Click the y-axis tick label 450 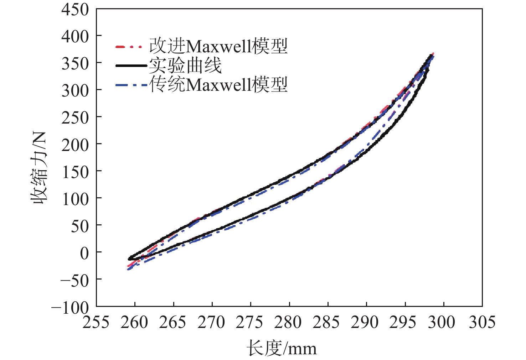pyautogui.click(x=75, y=9)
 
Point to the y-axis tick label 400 pyautogui.click(x=75, y=36)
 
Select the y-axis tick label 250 pyautogui.click(x=75, y=118)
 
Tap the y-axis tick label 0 pyautogui.click(x=84, y=253)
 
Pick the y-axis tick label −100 pyautogui.click(x=70, y=307)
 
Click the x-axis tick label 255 pyautogui.click(x=96, y=322)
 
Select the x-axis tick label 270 pyautogui.click(x=211, y=322)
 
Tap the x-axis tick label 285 pyautogui.click(x=327, y=322)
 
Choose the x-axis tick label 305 pyautogui.click(x=481, y=322)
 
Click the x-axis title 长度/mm pyautogui.click(x=282, y=348)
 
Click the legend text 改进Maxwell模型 pyautogui.click(x=218, y=46)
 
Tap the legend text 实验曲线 pyautogui.click(x=185, y=66)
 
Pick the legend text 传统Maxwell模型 pyautogui.click(x=218, y=85)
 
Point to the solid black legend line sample pyautogui.click(x=131, y=66)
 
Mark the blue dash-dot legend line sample pyautogui.click(x=131, y=85)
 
